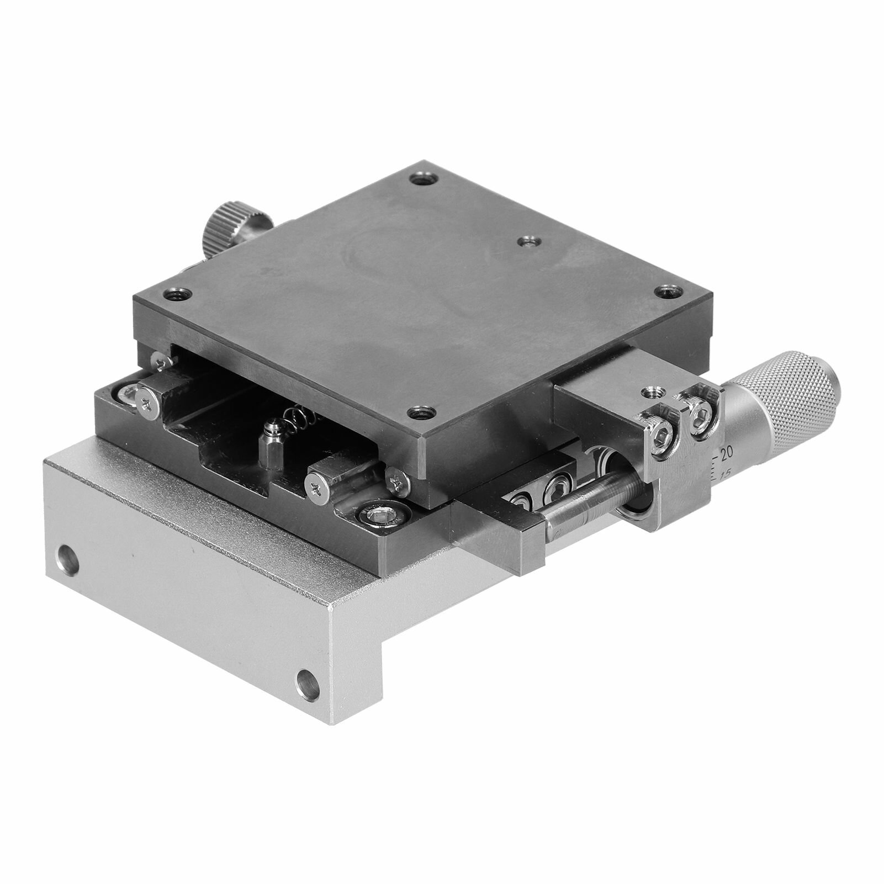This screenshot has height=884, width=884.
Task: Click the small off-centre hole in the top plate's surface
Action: click(x=527, y=241)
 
